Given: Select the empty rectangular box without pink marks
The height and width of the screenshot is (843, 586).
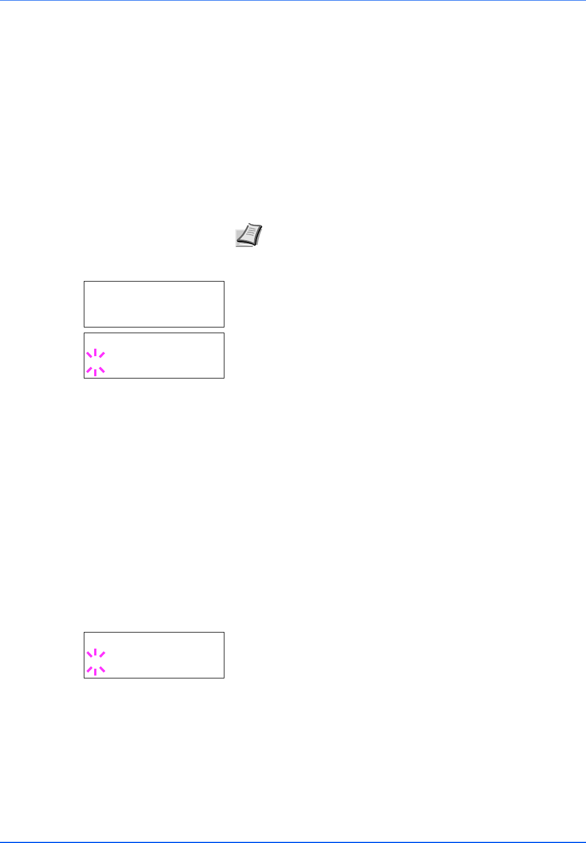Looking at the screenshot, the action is point(154,304).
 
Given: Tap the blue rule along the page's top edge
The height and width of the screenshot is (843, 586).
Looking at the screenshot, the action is point(293,1).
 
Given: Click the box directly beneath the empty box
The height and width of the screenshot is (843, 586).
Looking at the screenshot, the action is point(154,355).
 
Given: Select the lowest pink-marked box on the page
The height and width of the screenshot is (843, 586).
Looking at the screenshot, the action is point(154,655).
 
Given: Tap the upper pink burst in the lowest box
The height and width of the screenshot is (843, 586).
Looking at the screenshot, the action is point(95,653).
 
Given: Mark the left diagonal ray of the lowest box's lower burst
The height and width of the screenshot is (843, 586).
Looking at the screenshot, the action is point(89,669).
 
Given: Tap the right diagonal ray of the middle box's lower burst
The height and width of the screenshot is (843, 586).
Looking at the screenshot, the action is point(102,370).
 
